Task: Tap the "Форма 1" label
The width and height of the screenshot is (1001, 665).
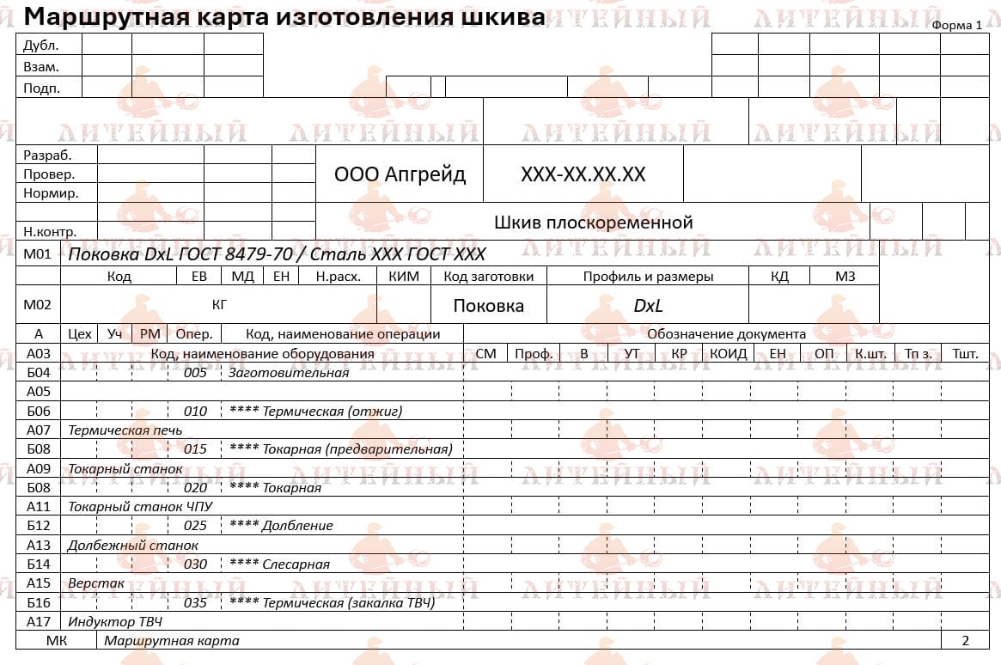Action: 956,25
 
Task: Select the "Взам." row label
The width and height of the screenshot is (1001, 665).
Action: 41,66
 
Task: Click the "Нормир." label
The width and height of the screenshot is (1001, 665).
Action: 51,193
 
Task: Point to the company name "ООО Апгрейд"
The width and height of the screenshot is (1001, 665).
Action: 400,174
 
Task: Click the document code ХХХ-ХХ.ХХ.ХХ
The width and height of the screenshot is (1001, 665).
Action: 583,174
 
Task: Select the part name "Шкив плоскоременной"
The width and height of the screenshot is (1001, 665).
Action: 593,223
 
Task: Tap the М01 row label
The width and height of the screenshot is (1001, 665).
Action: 38,254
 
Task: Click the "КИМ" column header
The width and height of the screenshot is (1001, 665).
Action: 404,277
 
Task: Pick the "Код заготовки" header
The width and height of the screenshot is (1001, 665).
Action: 488,277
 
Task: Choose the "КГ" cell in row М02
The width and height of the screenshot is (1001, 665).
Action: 220,304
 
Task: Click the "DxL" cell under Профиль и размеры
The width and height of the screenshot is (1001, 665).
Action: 648,306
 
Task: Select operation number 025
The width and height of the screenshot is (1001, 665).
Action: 196,525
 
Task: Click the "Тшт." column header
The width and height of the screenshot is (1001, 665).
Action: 965,353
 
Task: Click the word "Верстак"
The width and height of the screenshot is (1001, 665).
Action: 96,583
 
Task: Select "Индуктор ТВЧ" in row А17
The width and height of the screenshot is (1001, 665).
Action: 115,621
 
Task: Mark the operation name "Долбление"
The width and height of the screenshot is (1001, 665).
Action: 298,525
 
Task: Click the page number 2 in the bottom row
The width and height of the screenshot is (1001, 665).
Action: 965,640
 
